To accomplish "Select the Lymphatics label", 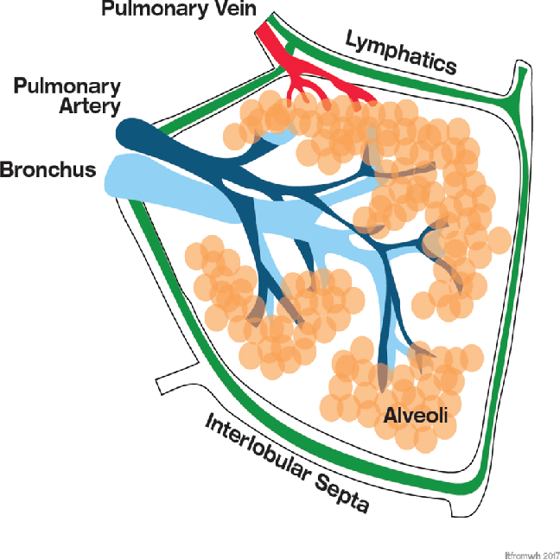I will click(x=400, y=51).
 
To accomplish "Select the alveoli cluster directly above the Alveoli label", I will click(x=380, y=380).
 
